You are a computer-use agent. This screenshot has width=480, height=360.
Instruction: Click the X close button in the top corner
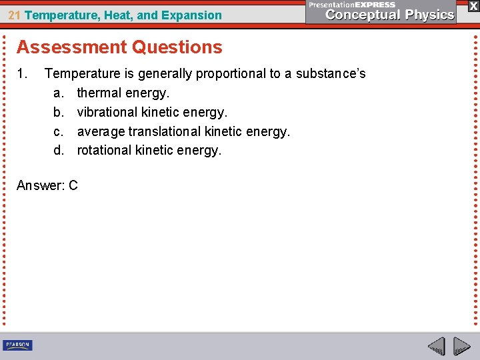point(473,5)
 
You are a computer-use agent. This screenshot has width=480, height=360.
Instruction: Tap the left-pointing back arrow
point(436,346)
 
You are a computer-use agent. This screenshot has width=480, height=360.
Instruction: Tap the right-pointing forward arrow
point(461,346)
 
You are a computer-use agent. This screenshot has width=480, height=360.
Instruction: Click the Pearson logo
point(17,345)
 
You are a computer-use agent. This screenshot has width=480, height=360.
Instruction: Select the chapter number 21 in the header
point(14,15)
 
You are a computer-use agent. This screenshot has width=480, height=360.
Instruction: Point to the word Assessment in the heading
point(72,47)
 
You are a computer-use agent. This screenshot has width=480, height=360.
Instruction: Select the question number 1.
point(21,73)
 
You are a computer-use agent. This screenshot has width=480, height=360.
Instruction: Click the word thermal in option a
point(97,93)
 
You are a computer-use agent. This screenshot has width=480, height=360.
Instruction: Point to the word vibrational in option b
point(107,112)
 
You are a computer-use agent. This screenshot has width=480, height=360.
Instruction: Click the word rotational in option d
point(105,150)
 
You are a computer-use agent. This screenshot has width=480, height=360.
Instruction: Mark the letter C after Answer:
point(73,185)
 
